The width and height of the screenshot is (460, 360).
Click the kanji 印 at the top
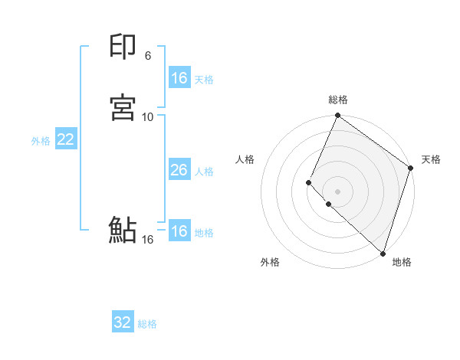123,48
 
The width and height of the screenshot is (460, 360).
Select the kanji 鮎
123,231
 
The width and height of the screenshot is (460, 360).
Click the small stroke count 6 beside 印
148,56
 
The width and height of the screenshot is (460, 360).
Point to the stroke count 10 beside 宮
148,116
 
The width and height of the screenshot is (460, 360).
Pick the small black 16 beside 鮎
148,240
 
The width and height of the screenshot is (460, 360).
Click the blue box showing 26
179,170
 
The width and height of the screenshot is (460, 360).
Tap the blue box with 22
65,139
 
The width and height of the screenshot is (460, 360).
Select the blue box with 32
122,322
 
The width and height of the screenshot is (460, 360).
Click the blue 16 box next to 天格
179,78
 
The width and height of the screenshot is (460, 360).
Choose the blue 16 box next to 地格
179,231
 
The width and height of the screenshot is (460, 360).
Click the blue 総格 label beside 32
147,324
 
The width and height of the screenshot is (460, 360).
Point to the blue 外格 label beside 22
41,141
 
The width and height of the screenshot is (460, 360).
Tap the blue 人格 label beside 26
204,172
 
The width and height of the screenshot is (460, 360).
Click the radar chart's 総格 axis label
338,100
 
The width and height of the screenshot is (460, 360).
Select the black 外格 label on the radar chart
270,262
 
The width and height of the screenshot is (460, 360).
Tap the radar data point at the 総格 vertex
338,116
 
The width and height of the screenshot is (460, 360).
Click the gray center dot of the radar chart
338,191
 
